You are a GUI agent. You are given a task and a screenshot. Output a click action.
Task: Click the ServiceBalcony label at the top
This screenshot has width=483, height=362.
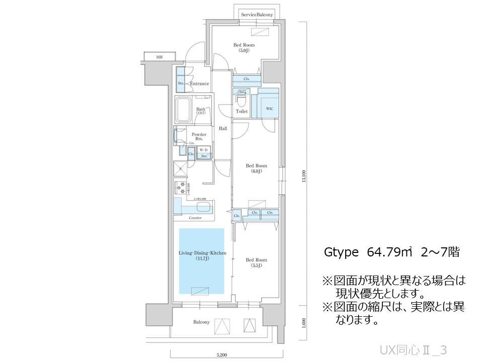[x=257, y=15]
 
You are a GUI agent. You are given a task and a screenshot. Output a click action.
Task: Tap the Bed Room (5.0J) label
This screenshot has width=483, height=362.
[x=242, y=48]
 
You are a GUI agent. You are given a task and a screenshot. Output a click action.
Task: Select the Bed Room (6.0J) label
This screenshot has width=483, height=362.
[x=256, y=168]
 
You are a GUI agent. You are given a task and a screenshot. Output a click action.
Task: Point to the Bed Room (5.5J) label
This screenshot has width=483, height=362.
[x=256, y=262]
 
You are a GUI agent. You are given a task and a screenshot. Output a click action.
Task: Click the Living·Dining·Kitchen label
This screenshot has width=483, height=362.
[x=202, y=255]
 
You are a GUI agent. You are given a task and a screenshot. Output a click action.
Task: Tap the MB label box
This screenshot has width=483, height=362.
[x=159, y=57]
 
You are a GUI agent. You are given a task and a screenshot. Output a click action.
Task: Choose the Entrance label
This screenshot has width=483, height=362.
[x=199, y=83]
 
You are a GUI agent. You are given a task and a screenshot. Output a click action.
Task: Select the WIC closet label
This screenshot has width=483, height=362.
[x=269, y=108]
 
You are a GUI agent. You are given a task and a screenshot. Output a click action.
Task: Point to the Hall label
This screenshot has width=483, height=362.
[x=223, y=129]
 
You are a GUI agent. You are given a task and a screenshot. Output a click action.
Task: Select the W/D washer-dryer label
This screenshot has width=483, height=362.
[x=204, y=150]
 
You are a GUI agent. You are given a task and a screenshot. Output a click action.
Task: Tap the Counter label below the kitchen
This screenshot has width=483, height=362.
[x=195, y=218]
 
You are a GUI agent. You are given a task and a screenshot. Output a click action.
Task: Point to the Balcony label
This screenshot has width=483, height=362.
[x=201, y=322]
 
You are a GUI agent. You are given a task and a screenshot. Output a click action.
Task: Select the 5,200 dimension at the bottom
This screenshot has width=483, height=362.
[x=221, y=355]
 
